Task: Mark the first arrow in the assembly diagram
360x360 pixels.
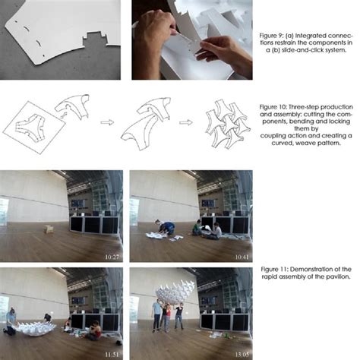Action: coord(107,121)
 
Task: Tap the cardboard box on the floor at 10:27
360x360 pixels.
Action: coord(47,229)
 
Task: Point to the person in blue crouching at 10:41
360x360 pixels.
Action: coord(164,226)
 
